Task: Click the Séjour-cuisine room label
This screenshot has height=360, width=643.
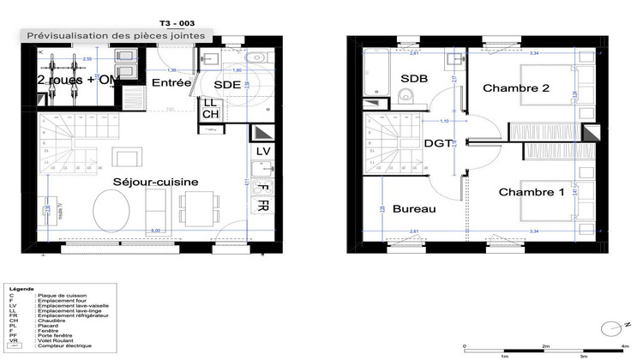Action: tap(156, 182)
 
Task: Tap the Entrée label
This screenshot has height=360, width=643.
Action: tap(171, 82)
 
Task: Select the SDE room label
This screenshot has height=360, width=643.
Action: tap(227, 85)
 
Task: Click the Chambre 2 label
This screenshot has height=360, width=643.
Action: tap(515, 88)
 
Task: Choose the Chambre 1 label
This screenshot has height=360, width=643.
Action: tap(532, 191)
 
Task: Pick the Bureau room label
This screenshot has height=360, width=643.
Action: tap(415, 209)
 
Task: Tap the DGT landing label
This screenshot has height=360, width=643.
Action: tap(439, 144)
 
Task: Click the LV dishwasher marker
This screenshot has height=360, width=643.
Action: tap(263, 152)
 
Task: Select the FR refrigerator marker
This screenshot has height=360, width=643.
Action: tap(263, 207)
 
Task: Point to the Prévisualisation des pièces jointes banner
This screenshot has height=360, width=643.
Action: tap(117, 35)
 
